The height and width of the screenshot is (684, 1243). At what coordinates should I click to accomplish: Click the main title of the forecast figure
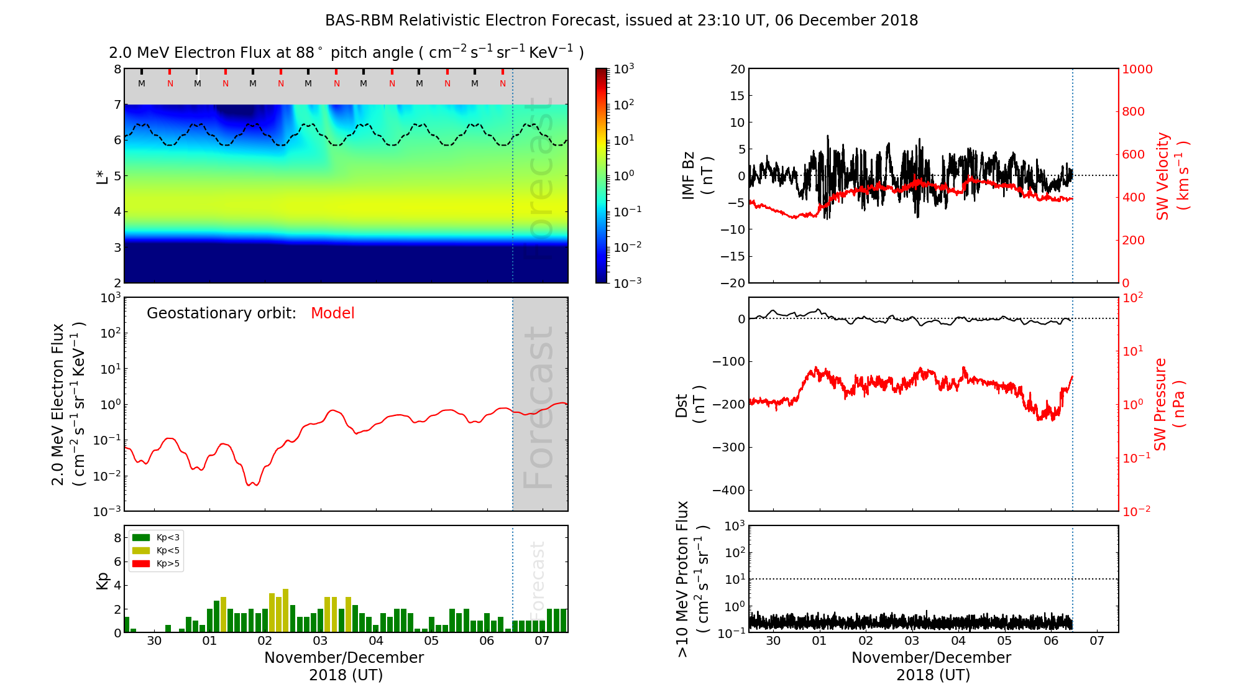(621, 21)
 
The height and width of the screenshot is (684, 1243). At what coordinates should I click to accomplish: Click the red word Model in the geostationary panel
(333, 313)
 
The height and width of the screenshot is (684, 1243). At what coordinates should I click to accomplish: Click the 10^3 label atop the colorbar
(624, 68)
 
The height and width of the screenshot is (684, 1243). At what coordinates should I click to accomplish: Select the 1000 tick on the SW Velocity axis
(1137, 69)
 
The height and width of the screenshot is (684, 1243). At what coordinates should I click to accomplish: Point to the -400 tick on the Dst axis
(728, 490)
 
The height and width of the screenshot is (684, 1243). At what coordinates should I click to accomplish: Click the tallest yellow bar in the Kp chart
(285, 610)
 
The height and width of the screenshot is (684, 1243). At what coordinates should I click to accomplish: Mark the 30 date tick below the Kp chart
(154, 641)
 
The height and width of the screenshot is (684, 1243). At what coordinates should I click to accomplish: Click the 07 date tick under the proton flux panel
(1097, 641)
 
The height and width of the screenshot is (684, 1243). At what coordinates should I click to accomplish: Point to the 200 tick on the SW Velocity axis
(1132, 240)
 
